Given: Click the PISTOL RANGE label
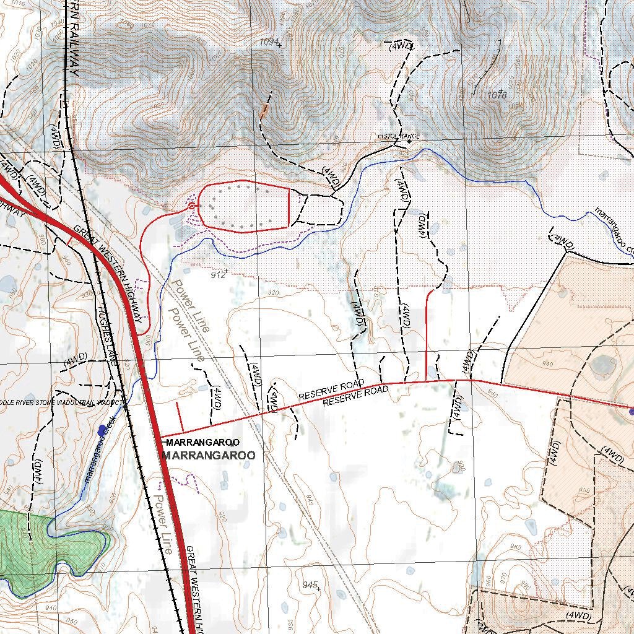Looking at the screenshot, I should (399, 136).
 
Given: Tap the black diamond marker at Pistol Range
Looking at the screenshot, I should (409, 141).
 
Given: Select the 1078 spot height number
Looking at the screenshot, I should (497, 95).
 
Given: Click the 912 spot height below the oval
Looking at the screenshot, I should (217, 274).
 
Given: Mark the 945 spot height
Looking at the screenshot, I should (310, 585).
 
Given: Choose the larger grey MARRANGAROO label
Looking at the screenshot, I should (208, 455).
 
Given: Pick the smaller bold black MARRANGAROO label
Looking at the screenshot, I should (202, 442).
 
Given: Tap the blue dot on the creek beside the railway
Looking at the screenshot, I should (102, 430).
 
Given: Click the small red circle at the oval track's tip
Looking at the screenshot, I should (193, 205).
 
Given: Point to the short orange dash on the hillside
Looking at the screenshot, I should (264, 112).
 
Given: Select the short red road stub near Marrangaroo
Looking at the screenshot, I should (180, 417).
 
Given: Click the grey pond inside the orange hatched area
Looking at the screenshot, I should (602, 365).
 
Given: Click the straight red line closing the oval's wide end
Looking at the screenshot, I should (289, 207).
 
